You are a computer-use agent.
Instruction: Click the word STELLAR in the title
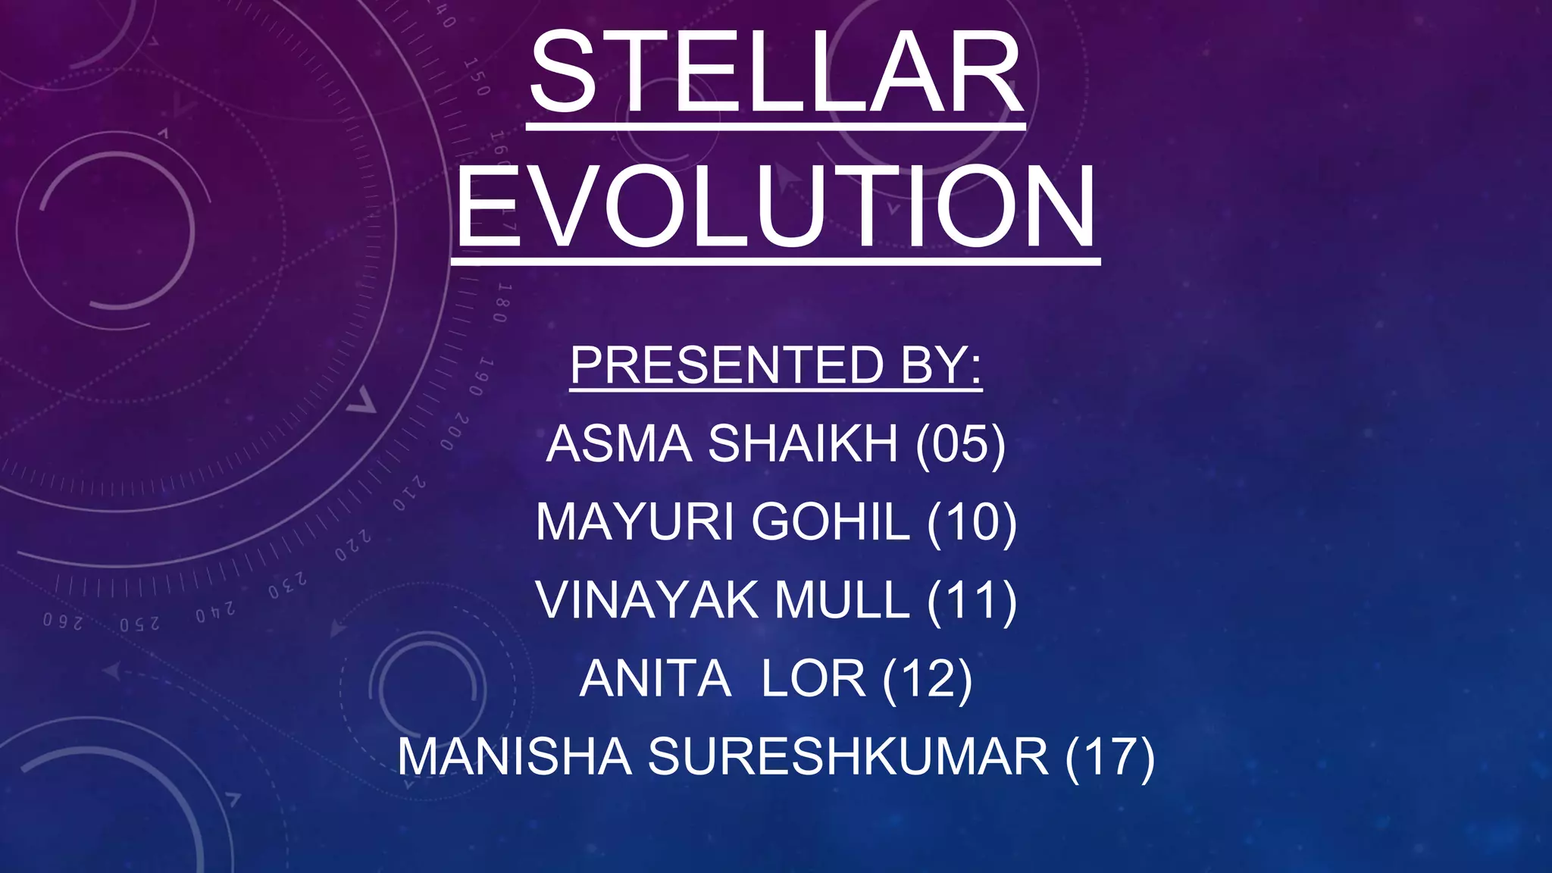(x=775, y=74)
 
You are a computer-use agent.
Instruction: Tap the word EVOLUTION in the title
(x=775, y=207)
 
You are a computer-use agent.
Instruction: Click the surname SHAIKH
(x=803, y=443)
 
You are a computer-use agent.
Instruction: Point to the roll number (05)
(x=960, y=443)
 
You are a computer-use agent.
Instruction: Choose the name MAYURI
(x=635, y=522)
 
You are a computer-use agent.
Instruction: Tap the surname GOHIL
(x=831, y=522)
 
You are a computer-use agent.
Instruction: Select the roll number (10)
(x=972, y=522)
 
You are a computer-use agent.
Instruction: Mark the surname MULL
(x=842, y=601)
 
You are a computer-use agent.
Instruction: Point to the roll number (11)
(x=972, y=601)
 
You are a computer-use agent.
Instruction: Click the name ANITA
(x=655, y=679)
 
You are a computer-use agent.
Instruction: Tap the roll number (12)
(x=928, y=679)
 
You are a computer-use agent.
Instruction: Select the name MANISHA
(x=515, y=757)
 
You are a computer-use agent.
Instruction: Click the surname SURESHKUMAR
(x=848, y=757)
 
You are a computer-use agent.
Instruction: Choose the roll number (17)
(x=1109, y=757)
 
